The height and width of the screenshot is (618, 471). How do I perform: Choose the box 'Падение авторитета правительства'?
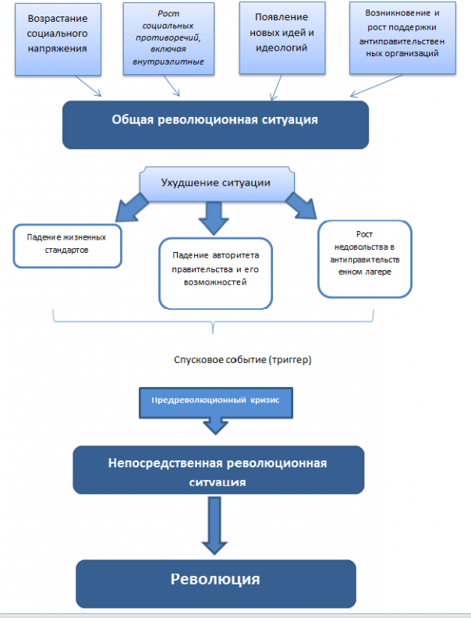pos(215,269)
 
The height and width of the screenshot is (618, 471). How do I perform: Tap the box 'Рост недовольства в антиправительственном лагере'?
pos(363,258)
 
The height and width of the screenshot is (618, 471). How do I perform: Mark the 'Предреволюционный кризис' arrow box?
pos(214,399)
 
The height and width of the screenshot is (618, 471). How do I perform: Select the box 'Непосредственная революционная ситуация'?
pos(218,470)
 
